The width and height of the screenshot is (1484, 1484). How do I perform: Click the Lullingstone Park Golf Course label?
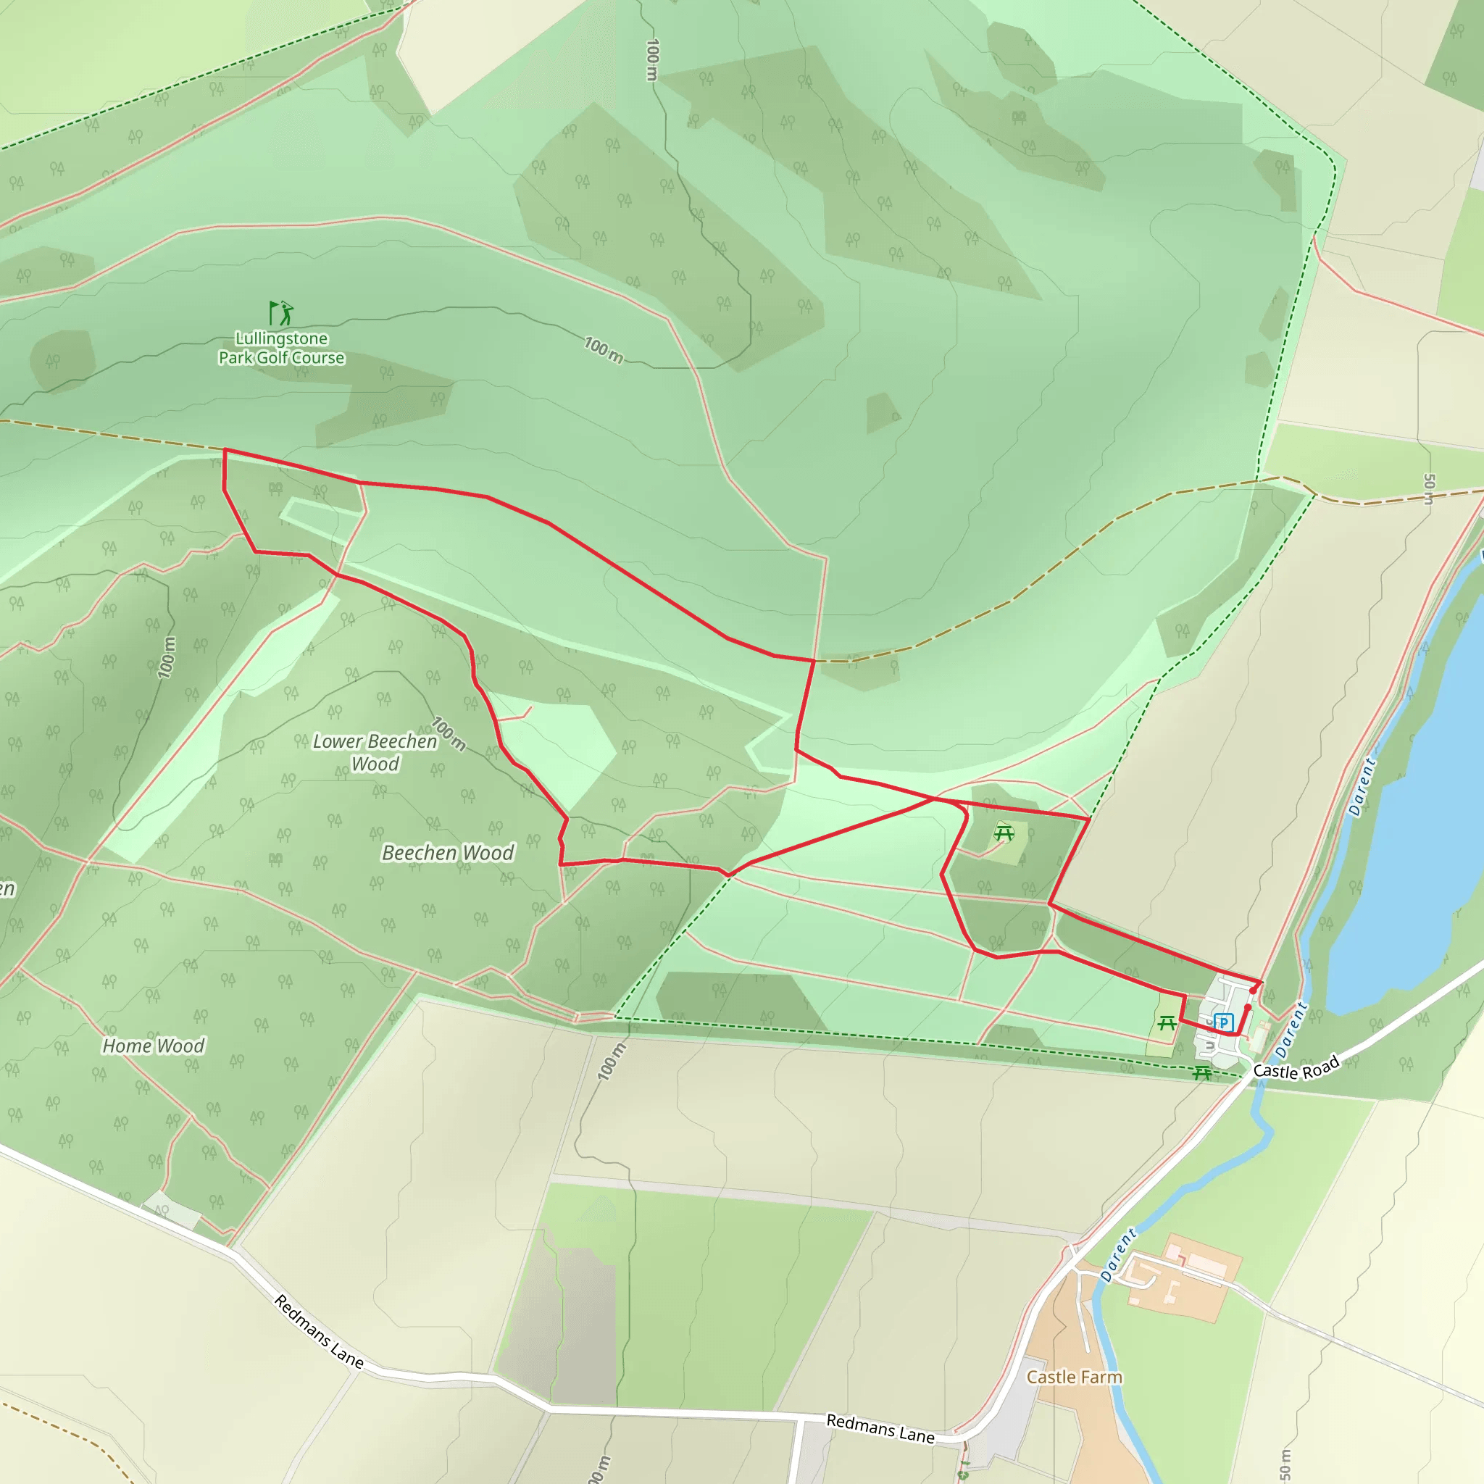point(281,348)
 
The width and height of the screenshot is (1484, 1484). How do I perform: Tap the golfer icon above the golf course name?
point(281,312)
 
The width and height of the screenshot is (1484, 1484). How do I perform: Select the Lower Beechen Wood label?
point(375,752)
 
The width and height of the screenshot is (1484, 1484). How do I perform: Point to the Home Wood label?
point(154,1046)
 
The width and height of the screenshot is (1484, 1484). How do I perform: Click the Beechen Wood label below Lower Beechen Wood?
point(448,853)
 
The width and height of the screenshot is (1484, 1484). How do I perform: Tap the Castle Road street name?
point(1296,1067)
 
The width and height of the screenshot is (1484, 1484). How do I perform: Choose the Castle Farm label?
point(1074,1377)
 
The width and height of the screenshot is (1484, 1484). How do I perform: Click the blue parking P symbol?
point(1224,1022)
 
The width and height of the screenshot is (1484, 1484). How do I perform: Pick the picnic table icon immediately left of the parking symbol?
point(1167,1023)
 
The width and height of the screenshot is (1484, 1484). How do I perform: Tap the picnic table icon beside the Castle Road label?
point(1202,1073)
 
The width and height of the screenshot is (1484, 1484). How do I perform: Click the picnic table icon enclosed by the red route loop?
point(1003,832)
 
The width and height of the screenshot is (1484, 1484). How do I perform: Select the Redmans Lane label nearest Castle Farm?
point(880,1428)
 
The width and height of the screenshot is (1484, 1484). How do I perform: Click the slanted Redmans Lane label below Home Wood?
point(319,1331)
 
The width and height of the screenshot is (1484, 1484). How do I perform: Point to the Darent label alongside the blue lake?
point(1362,788)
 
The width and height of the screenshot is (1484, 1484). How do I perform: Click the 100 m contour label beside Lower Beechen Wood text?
point(448,733)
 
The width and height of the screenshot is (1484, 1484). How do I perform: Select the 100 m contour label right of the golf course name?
point(603,349)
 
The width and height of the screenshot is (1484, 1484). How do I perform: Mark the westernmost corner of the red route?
point(225,450)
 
